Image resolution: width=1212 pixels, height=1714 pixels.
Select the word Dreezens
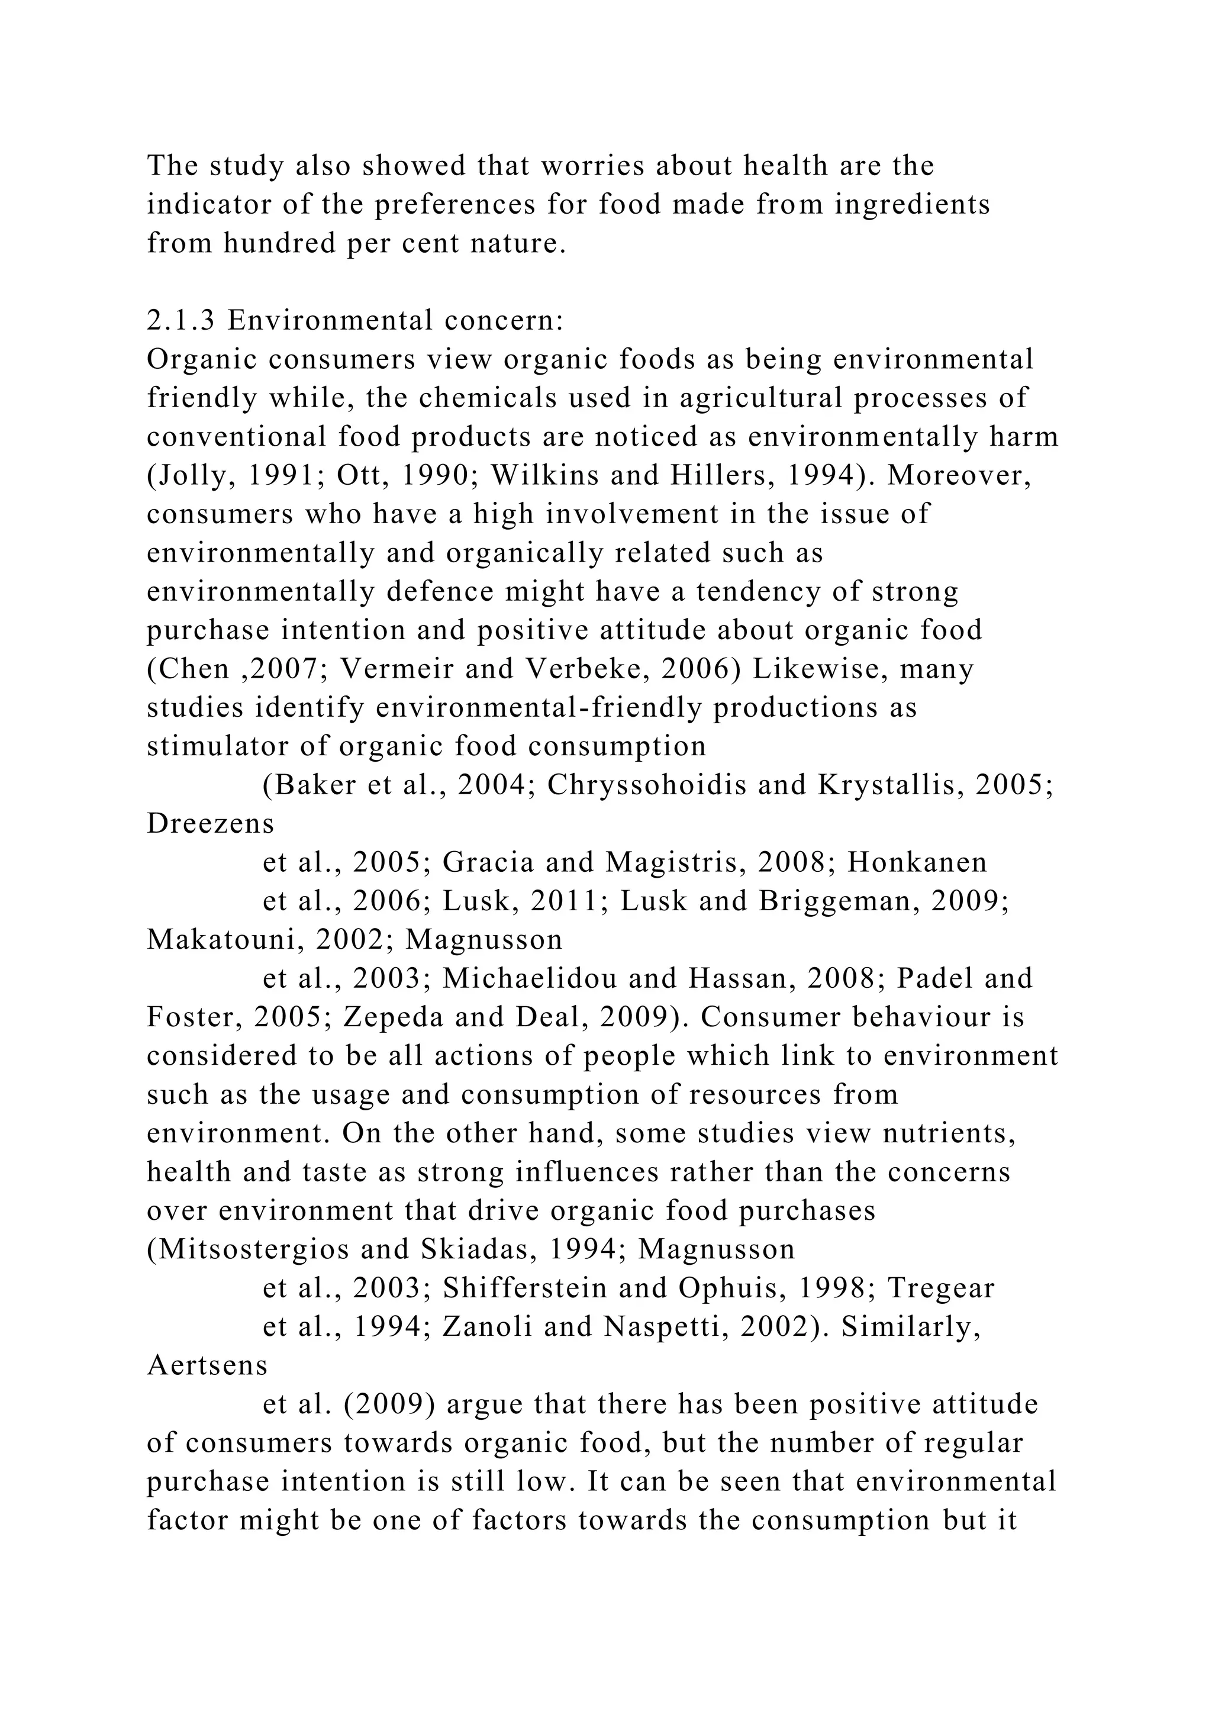211,823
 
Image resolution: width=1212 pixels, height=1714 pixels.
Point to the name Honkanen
917,862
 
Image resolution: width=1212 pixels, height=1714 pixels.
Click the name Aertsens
208,1366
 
